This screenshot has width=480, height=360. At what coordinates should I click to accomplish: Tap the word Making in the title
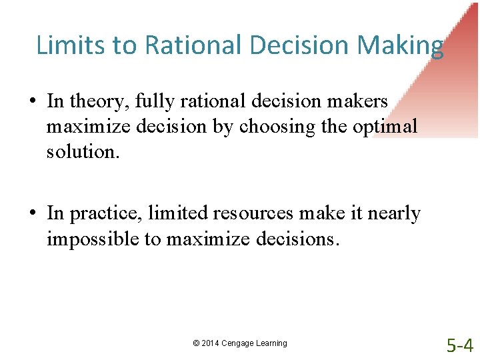point(401,45)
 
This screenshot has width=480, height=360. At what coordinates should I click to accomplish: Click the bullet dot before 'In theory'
point(33,101)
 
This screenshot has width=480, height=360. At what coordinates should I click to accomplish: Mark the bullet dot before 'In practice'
point(33,213)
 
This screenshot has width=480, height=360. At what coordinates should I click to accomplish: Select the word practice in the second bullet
point(106,213)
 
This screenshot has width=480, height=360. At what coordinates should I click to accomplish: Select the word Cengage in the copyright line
point(237,343)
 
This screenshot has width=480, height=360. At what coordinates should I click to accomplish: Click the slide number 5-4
point(459,345)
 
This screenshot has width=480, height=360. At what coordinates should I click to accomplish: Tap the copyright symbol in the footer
point(196,343)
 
